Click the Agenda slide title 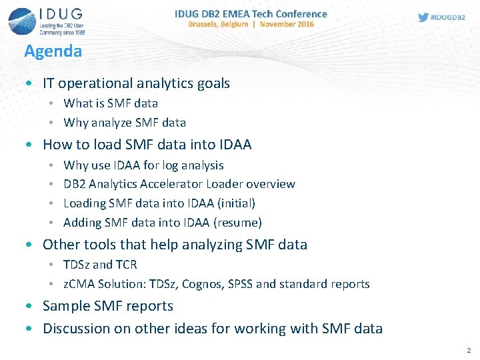(53, 51)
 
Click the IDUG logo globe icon (21, 21)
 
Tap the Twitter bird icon (423, 17)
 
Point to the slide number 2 (469, 350)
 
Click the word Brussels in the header (210, 24)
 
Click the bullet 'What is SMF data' (111, 103)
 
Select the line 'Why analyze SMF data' (125, 123)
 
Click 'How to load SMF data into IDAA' (147, 144)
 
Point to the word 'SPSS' (241, 284)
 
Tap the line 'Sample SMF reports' (108, 306)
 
